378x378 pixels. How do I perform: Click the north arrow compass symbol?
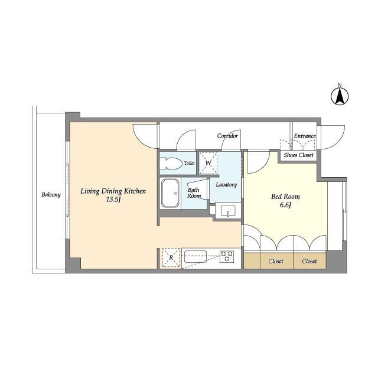[340, 96]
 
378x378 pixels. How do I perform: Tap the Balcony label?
[51, 195]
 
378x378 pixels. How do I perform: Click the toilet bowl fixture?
[171, 164]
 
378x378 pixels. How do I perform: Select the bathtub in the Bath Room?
[170, 193]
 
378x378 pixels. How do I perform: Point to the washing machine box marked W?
[208, 163]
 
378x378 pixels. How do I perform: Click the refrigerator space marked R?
[171, 258]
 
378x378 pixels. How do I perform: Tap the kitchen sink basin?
[195, 257]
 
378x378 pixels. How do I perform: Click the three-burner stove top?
[227, 257]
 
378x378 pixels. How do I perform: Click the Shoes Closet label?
[298, 155]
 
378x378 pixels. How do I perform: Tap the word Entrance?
[305, 136]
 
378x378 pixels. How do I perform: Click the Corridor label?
[227, 136]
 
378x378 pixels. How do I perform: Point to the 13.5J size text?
[113, 200]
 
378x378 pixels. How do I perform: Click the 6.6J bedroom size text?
[286, 205]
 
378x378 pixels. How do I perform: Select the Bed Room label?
[286, 197]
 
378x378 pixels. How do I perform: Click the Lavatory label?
[226, 185]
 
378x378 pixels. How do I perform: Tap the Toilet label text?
[189, 163]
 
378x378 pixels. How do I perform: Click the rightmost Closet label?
[309, 261]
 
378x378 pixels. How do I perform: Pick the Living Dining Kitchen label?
[113, 191]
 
